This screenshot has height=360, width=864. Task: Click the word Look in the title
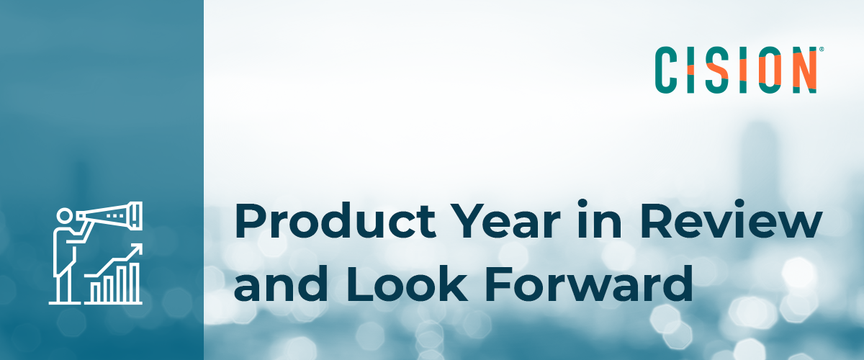point(407,284)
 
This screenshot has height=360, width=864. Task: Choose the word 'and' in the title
point(282,283)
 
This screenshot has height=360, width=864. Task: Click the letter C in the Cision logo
point(666,70)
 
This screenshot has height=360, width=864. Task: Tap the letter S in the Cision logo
point(717,70)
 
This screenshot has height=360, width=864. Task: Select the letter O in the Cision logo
point(770,70)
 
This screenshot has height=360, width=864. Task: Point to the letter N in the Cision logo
point(804,70)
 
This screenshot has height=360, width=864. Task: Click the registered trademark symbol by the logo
point(822,50)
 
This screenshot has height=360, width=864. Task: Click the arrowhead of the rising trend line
point(137,249)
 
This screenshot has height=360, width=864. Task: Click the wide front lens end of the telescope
point(137,216)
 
